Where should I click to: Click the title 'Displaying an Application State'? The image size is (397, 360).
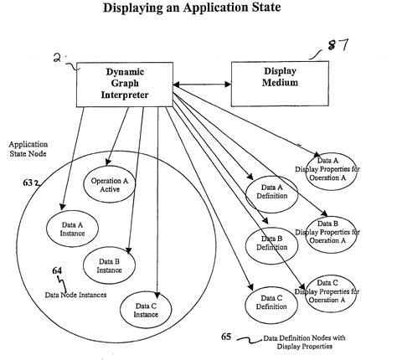pos(198,10)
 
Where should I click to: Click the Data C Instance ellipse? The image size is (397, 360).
pos(148,309)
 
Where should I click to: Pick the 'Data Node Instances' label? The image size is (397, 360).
pos(75,294)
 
